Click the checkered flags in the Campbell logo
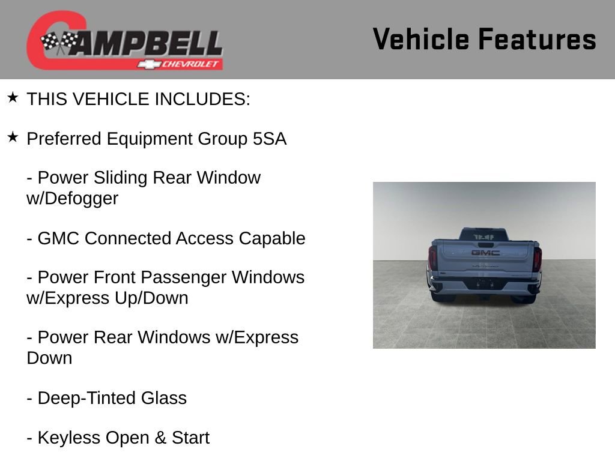(59, 42)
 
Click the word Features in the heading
(537, 40)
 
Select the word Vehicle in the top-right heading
(420, 40)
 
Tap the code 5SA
(269, 139)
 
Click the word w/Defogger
(72, 199)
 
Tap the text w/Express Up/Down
(107, 298)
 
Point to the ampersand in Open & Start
(160, 438)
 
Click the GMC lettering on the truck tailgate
(485, 253)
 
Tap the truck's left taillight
(432, 259)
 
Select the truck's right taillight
(537, 259)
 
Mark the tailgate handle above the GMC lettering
(485, 244)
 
